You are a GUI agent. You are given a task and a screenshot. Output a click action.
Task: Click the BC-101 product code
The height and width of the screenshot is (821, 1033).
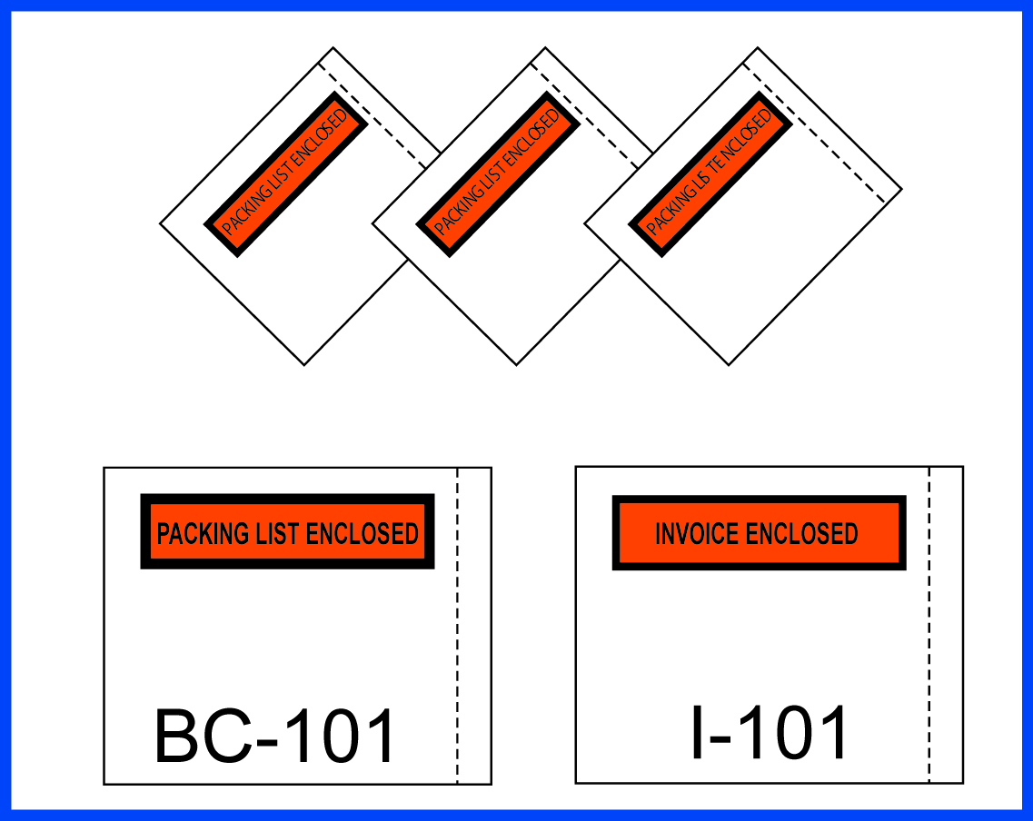[x=276, y=737]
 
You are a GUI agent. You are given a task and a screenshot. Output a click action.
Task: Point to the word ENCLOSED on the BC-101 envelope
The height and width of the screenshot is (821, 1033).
[x=362, y=533]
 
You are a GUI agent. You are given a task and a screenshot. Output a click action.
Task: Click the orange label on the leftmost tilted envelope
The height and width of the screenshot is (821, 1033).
[x=285, y=173]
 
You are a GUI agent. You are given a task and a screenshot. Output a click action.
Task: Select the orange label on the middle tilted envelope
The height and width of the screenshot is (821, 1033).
[x=498, y=173]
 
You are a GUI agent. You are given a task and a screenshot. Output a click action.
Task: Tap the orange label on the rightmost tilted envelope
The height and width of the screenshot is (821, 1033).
[x=710, y=173]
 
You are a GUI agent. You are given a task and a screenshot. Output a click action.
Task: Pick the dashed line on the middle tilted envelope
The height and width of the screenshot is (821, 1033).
[x=586, y=118]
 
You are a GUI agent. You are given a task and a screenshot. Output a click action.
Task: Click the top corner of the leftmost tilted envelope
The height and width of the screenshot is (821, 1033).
[x=333, y=48]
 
